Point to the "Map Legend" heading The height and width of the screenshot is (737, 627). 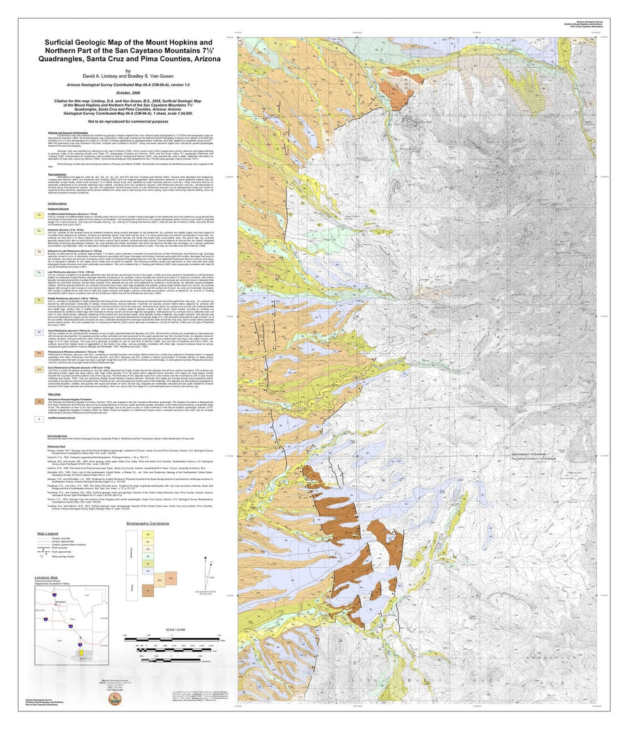point(48,534)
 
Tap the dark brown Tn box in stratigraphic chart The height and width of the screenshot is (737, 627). point(150,591)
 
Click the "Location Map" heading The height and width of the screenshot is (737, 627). point(47,578)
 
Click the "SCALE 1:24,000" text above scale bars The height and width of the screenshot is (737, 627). point(166,631)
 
